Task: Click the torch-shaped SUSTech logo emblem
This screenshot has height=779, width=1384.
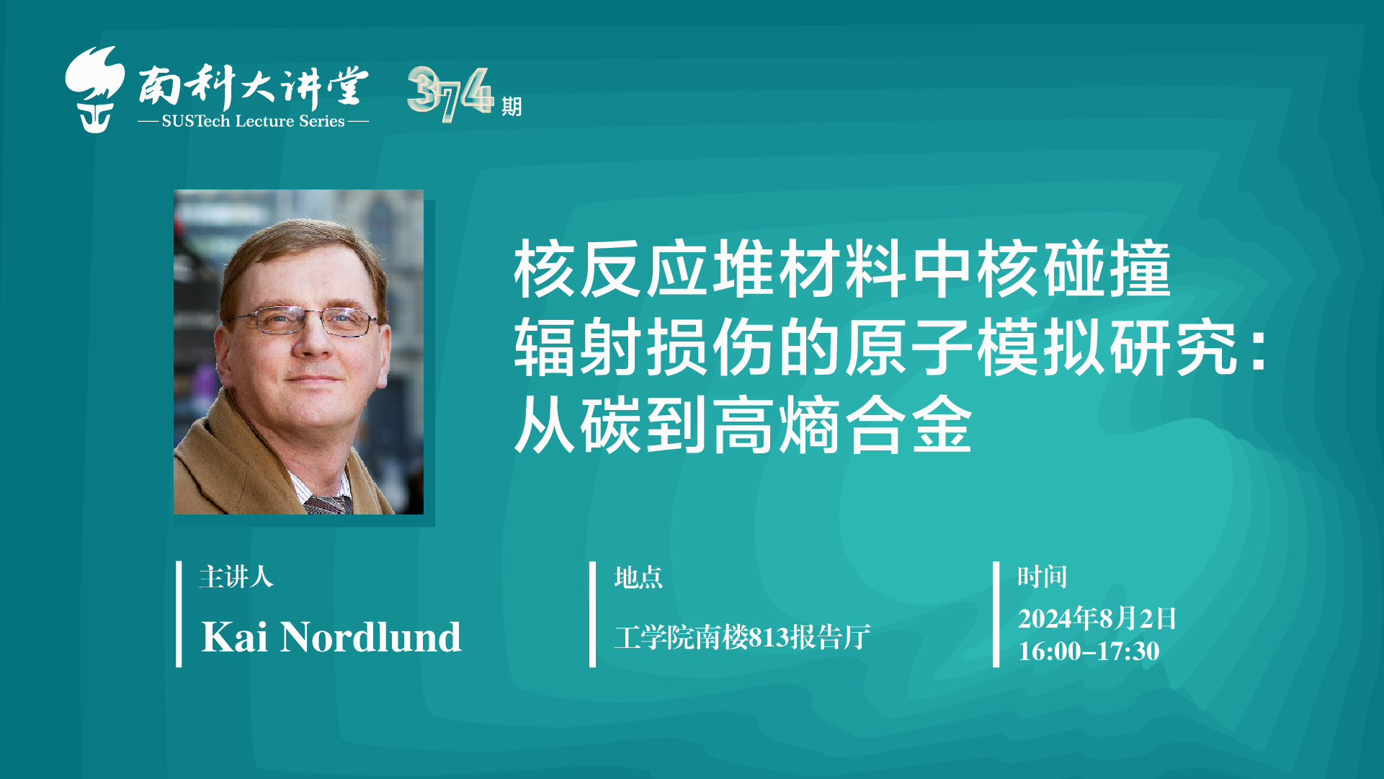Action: tap(94, 89)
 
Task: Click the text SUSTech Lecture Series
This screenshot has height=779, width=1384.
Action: tap(253, 121)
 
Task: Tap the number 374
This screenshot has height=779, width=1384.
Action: tap(450, 94)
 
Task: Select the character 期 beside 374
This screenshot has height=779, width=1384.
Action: tap(512, 107)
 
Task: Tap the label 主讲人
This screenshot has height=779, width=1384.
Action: tap(236, 577)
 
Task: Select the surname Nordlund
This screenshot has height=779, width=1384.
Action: tap(370, 637)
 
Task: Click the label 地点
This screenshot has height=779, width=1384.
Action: tap(638, 577)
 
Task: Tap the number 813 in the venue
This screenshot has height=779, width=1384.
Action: tap(769, 638)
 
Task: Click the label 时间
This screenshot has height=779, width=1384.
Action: tap(1042, 577)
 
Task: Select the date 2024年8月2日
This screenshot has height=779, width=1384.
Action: tap(1097, 618)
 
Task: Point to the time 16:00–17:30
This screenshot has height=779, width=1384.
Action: tap(1089, 651)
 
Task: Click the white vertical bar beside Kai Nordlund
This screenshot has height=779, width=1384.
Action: tap(179, 614)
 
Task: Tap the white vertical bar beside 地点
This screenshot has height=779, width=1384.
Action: tap(592, 614)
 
